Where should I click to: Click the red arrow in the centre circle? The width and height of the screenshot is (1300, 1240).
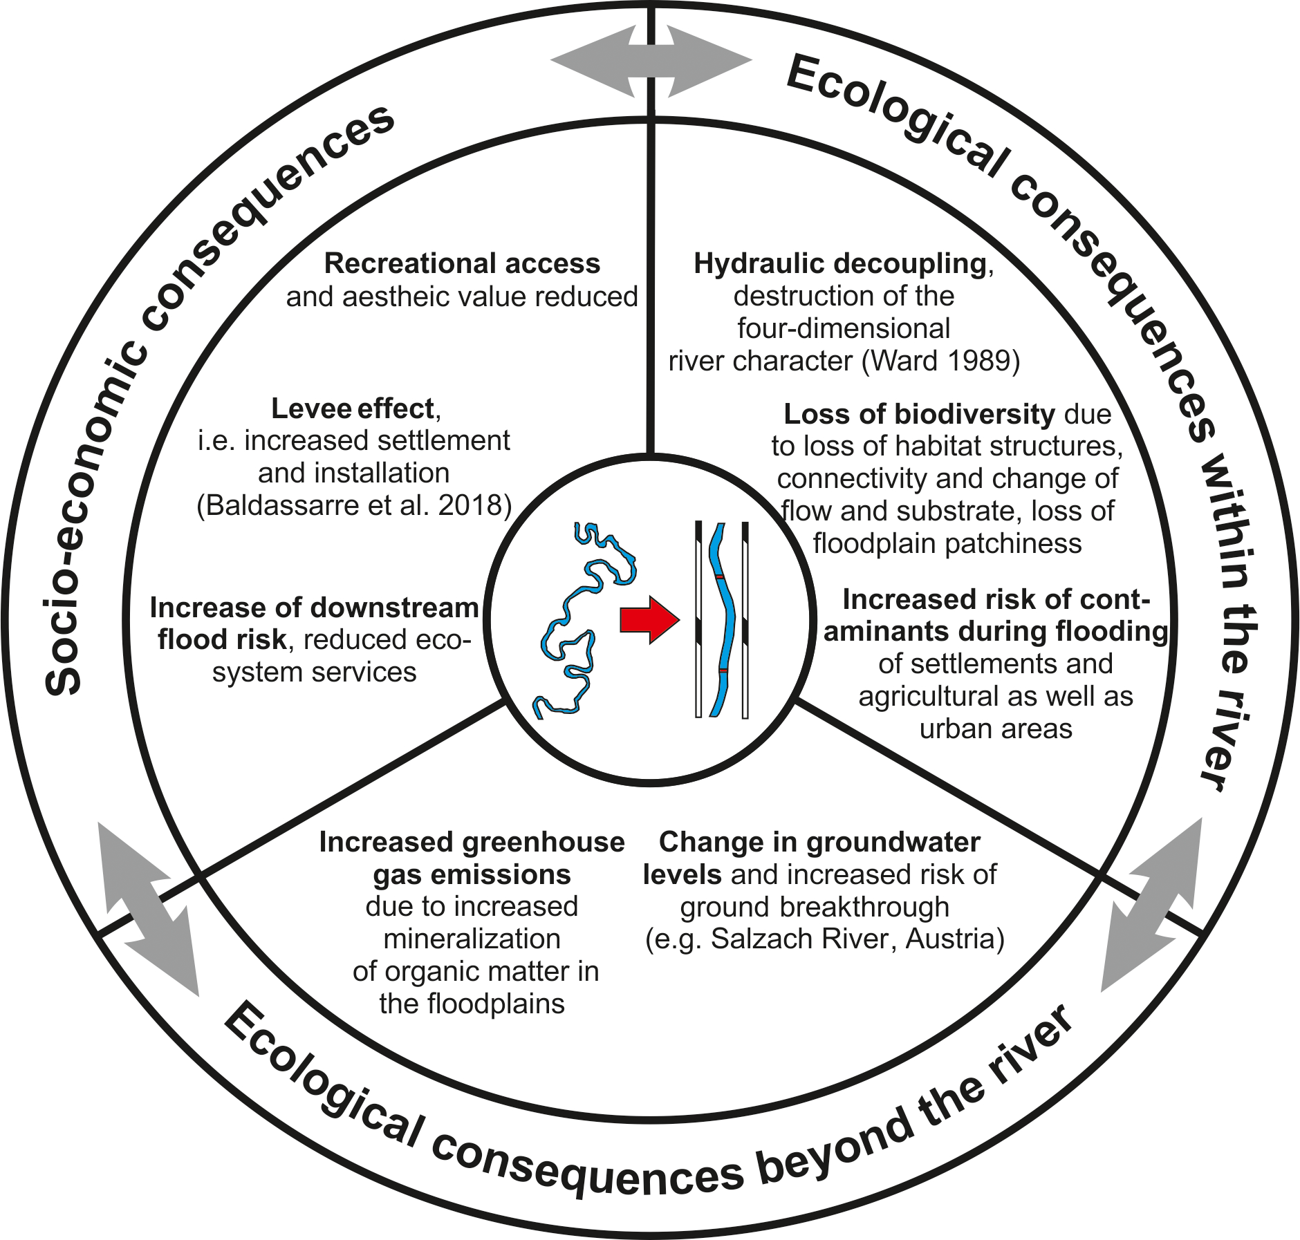649,619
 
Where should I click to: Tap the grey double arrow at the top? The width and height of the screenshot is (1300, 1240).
651,61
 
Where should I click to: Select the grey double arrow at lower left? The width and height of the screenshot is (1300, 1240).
148,908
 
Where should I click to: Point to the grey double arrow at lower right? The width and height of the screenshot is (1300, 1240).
1151,905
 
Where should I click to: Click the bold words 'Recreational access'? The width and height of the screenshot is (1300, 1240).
462,264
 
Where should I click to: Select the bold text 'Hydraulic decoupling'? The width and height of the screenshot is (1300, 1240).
840,264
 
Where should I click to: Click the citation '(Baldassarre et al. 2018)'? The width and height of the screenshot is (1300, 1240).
354,506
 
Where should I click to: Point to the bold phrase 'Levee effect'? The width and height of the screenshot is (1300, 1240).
352,408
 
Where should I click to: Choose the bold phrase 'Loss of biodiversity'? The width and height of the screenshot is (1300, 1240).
919,414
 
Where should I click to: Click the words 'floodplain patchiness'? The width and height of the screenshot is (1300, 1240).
947,544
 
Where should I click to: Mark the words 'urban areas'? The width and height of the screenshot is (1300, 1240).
996,729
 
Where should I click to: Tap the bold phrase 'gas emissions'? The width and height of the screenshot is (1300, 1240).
472,875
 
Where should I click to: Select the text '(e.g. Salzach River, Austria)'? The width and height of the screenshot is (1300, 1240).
824,939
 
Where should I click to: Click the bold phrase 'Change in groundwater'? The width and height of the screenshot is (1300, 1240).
819,843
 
